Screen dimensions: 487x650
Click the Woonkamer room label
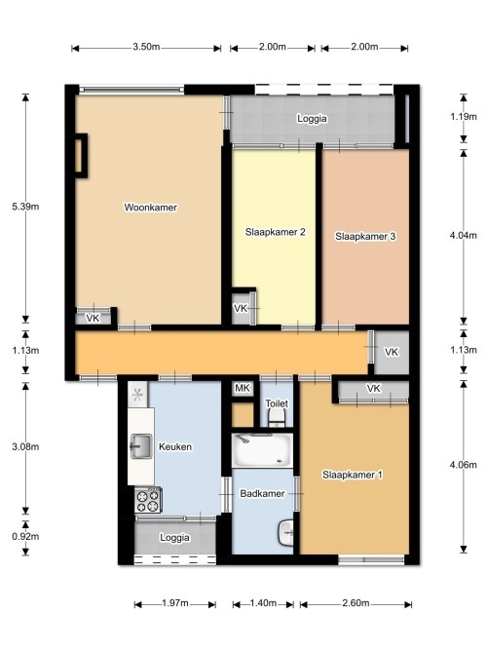coord(150,208)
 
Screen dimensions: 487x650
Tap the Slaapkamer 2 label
coord(276,232)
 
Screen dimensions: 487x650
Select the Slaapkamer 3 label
coord(365,236)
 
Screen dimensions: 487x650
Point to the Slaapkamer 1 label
coord(353,475)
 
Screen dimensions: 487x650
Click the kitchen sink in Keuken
coord(141,446)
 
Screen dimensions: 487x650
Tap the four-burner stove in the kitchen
coord(148,500)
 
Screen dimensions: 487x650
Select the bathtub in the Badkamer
coord(262,450)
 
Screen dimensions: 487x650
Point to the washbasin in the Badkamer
coord(286,533)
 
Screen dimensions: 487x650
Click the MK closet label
coord(243,388)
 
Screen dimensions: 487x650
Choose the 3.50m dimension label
coord(146,47)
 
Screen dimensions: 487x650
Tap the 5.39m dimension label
coord(25,207)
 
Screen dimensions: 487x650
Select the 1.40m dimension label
coord(263,603)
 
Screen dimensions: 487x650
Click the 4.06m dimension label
coord(464,465)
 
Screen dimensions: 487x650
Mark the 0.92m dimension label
coord(25,536)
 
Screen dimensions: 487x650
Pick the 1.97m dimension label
coord(175,603)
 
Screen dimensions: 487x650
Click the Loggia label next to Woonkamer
coord(312,119)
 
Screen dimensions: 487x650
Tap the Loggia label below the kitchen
coord(175,538)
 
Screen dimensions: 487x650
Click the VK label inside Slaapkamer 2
coord(241,308)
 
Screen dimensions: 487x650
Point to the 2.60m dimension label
coord(356,603)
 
